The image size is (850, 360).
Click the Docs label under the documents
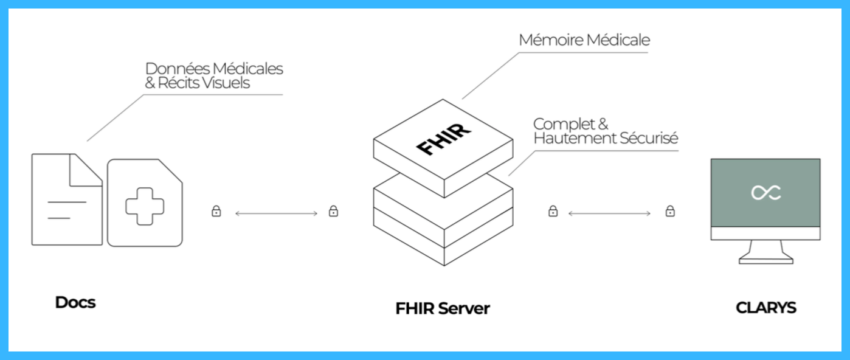point(75,302)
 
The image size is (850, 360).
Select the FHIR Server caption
point(442,308)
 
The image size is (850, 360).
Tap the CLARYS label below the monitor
point(765,308)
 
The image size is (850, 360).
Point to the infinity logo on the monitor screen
point(765,193)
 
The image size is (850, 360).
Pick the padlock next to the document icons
point(216,212)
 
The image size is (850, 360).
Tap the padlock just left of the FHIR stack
point(333,212)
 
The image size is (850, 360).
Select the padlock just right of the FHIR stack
point(553,212)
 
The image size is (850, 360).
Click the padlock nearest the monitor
point(670,212)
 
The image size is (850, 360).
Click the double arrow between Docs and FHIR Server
point(276,213)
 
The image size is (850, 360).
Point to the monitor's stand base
point(765,260)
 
